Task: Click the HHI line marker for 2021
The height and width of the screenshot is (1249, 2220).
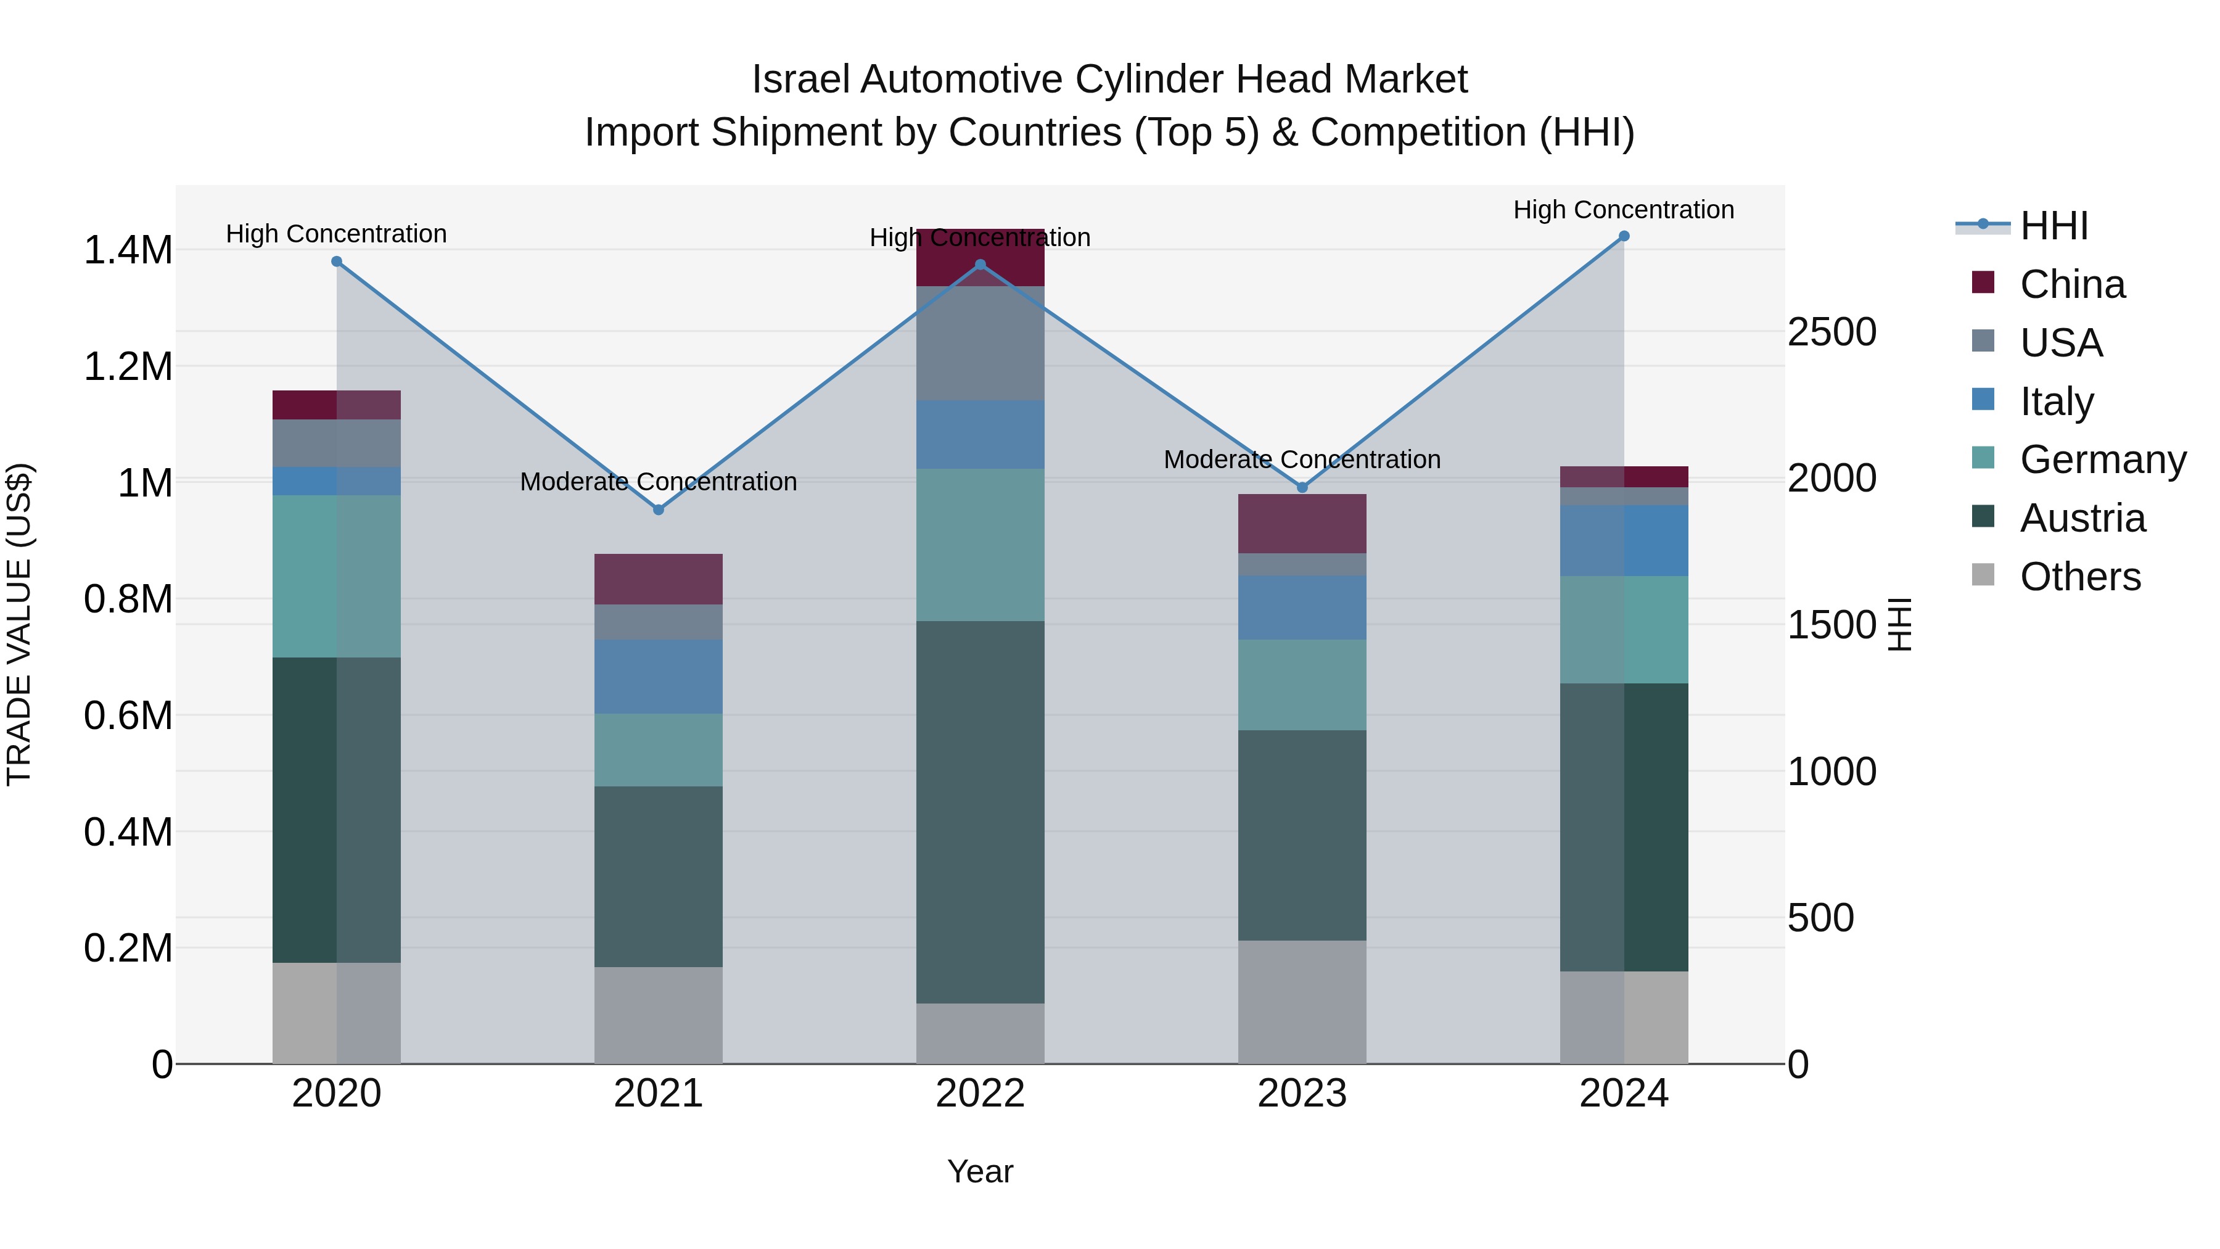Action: (x=659, y=509)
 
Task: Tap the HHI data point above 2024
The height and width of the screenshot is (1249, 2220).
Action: (x=1624, y=236)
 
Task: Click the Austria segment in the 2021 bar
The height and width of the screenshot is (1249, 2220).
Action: (x=659, y=876)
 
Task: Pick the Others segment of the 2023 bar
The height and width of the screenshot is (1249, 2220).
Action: (x=1302, y=1002)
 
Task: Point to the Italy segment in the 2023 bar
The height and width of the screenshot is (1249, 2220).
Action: (x=1302, y=608)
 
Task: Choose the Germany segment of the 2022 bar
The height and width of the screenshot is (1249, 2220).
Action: (x=980, y=545)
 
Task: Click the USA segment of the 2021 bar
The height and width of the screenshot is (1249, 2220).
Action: (x=659, y=622)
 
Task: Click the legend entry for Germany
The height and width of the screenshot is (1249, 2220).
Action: (x=2103, y=460)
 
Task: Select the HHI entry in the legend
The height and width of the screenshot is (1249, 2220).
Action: (x=2053, y=226)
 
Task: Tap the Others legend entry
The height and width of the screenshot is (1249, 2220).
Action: (x=2079, y=577)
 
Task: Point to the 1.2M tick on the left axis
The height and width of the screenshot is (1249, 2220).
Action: (x=128, y=366)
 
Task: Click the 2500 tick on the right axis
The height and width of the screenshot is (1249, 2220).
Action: (x=1831, y=332)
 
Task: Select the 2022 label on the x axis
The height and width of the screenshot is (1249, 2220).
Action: (x=980, y=1094)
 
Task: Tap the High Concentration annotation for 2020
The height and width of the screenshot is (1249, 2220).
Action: (x=336, y=234)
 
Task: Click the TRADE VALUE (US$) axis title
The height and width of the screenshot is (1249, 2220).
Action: (x=19, y=624)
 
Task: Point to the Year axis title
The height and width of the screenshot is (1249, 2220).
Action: (x=980, y=1171)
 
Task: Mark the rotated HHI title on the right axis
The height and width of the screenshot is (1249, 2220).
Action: (x=1899, y=624)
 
